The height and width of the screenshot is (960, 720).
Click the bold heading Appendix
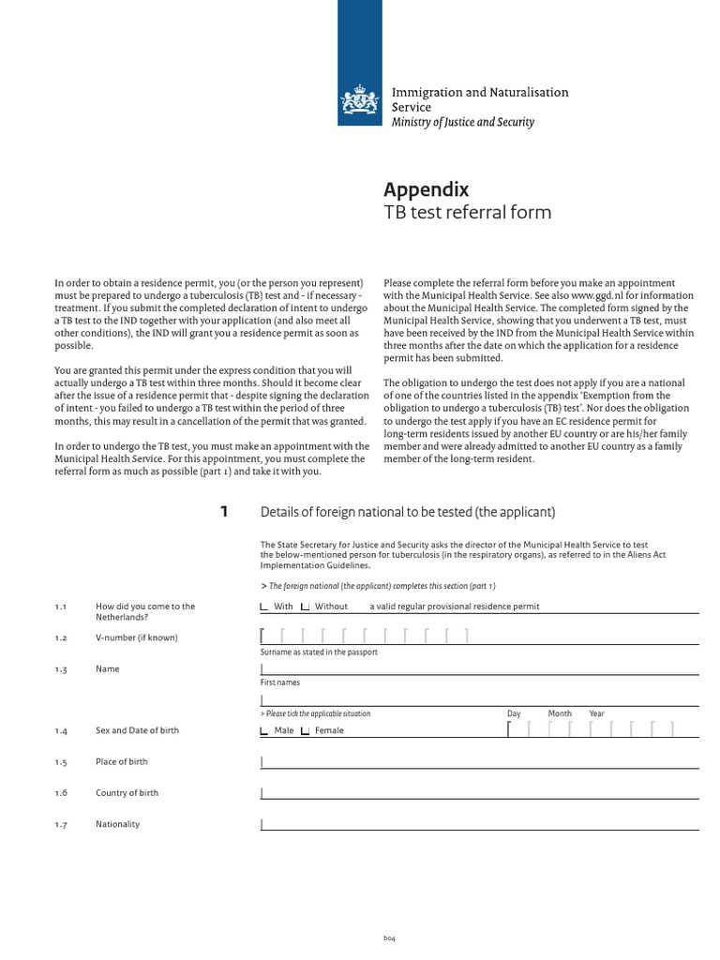click(x=427, y=189)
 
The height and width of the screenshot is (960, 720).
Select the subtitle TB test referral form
click(x=468, y=213)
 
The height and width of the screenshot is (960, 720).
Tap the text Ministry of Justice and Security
click(x=462, y=123)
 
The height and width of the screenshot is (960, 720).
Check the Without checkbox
click(x=305, y=607)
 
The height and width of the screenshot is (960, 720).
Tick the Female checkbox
click(x=305, y=730)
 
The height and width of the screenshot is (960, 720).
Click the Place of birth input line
click(x=478, y=762)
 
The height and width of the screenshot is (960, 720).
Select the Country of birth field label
click(x=127, y=793)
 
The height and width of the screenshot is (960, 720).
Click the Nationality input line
click(x=478, y=824)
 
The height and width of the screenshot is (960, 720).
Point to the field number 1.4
click(x=61, y=730)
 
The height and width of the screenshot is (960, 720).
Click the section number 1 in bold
click(x=223, y=512)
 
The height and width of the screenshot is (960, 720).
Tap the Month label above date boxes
click(x=560, y=713)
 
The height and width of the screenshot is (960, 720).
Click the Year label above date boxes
click(x=596, y=713)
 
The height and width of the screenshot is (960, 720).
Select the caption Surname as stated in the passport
click(x=319, y=652)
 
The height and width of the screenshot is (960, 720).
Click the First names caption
click(x=280, y=682)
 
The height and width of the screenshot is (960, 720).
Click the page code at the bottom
click(x=390, y=938)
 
